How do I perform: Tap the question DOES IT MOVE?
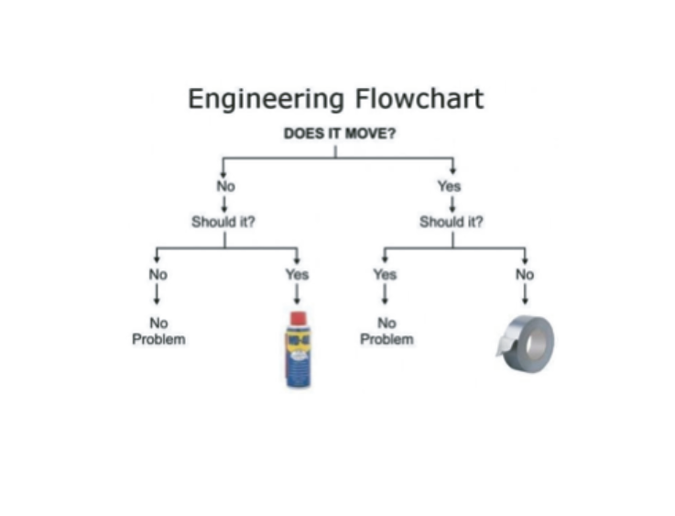[x=340, y=133]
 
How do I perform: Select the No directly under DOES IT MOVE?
[x=225, y=186]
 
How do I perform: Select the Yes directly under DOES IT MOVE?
[x=450, y=186]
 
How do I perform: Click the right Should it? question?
[x=452, y=222]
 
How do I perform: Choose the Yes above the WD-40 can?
[x=297, y=274]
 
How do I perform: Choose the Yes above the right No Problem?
[x=385, y=274]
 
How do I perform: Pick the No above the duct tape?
[x=525, y=274]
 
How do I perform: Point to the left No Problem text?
[x=158, y=331]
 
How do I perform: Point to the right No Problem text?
[x=386, y=331]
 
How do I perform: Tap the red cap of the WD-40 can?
[x=298, y=318]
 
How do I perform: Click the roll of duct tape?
[x=527, y=342]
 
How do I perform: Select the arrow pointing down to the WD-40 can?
[x=297, y=294]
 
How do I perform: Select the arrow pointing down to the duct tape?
[x=525, y=294]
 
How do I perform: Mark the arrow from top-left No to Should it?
[x=224, y=203]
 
